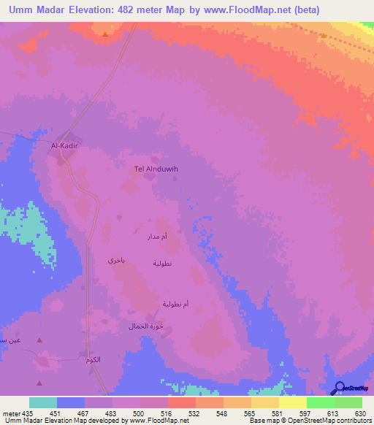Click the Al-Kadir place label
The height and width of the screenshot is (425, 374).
(64, 146)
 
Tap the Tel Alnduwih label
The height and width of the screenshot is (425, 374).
(156, 169)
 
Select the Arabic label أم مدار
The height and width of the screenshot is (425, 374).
(157, 237)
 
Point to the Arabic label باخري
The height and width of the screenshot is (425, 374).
(117, 260)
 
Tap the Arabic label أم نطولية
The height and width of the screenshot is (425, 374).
(175, 304)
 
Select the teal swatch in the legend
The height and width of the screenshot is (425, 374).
(43, 402)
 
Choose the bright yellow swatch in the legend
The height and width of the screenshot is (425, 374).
(292, 402)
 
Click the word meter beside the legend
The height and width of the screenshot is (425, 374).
(10, 412)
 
